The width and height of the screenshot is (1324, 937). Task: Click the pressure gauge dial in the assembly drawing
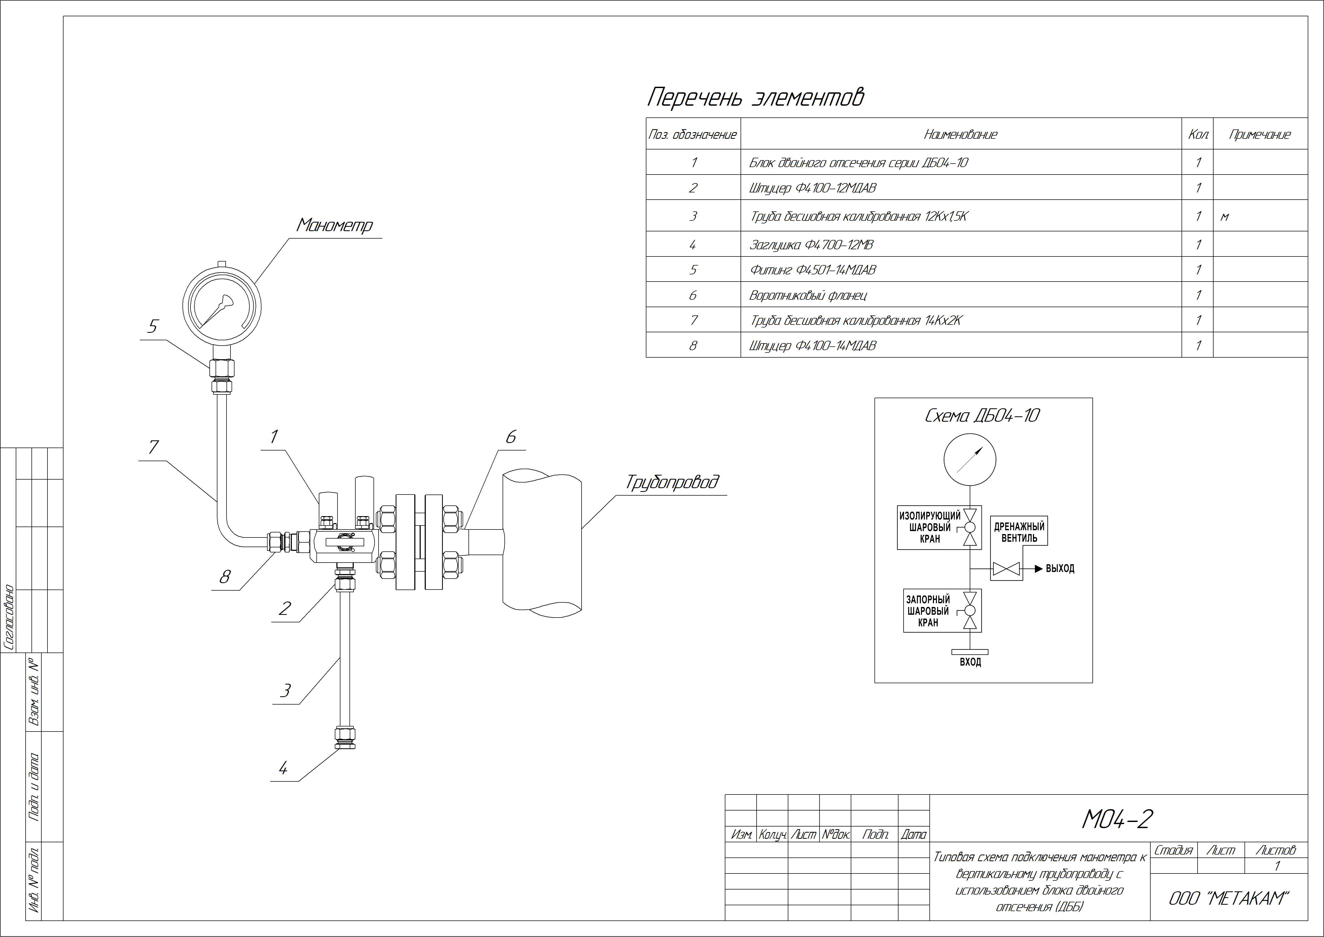(222, 305)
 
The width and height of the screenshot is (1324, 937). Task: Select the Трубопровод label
(672, 482)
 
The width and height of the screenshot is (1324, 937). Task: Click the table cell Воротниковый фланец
(807, 295)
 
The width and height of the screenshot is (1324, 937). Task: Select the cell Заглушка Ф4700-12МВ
(811, 245)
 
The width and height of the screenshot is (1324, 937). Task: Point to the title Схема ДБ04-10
(982, 416)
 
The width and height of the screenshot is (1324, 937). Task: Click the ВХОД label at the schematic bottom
(971, 662)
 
